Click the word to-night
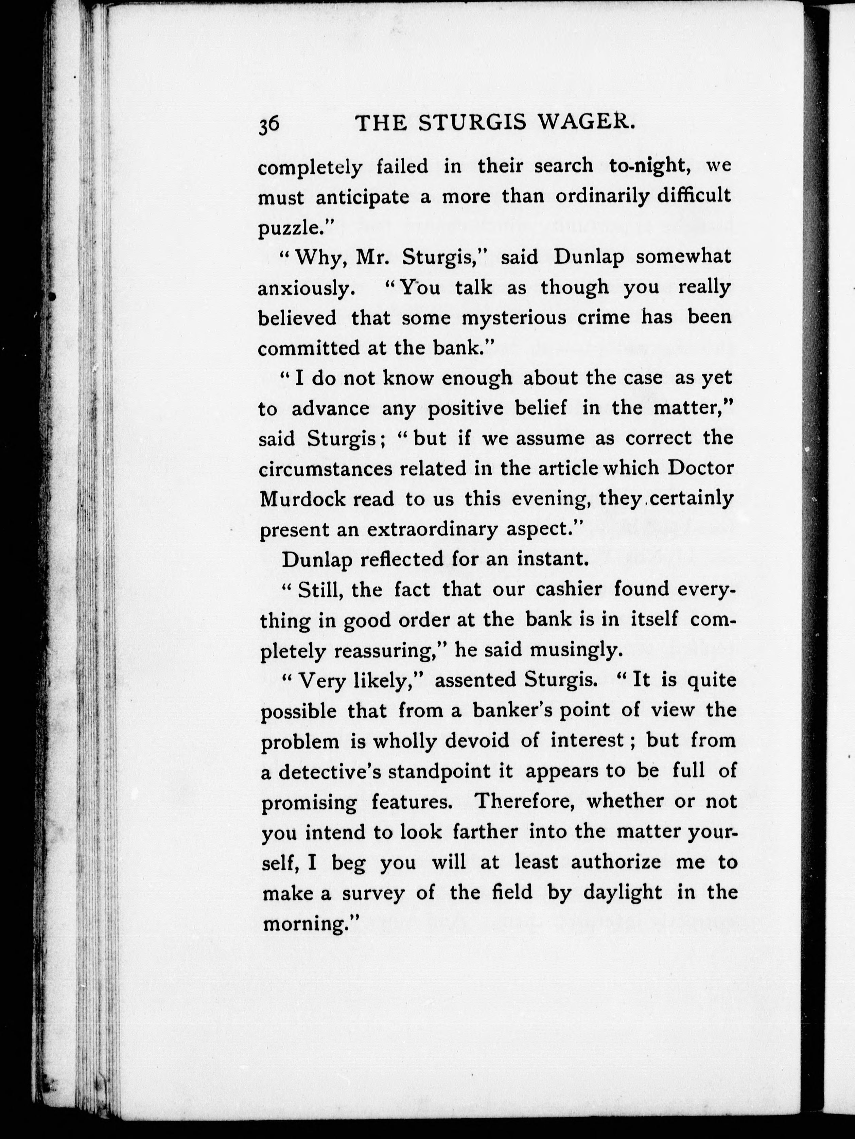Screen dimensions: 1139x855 [650, 166]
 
